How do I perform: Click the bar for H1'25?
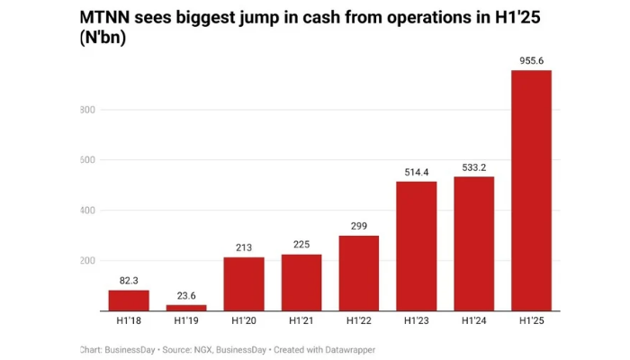(x=531, y=191)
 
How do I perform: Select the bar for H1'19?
(x=186, y=308)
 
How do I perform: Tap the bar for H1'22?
(x=358, y=273)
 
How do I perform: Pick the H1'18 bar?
(x=129, y=301)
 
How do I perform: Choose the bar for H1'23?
(x=417, y=246)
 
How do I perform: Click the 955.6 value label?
(x=531, y=61)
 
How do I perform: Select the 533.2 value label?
(x=474, y=167)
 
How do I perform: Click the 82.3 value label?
(x=129, y=281)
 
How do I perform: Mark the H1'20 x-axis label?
(x=244, y=321)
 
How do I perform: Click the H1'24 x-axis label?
(x=474, y=321)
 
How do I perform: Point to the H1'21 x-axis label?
(x=301, y=321)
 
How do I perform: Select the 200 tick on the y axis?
(x=86, y=261)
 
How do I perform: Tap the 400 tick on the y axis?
(x=86, y=211)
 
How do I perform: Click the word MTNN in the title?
(x=108, y=17)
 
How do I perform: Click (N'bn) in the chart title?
(x=104, y=40)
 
